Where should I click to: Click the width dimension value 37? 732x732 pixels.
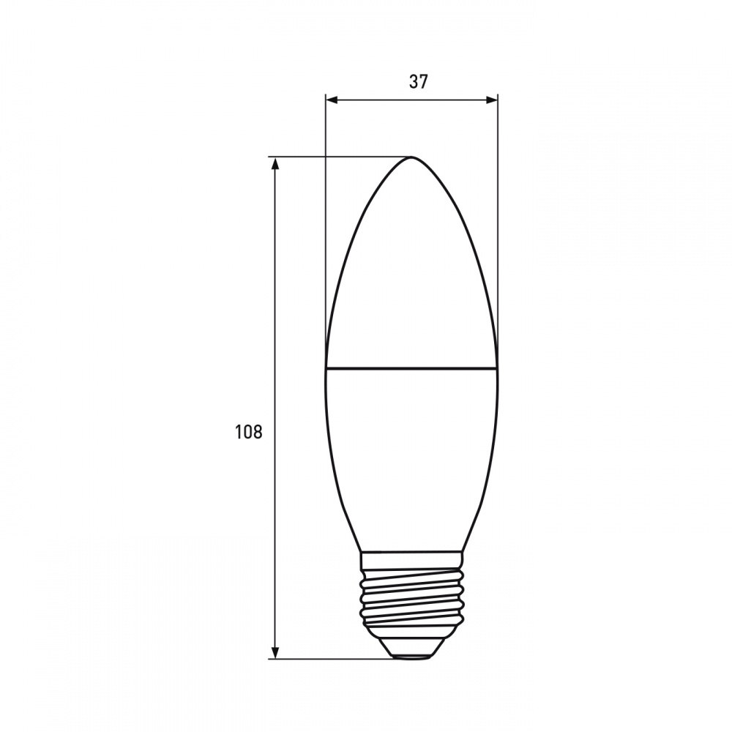coord(418,82)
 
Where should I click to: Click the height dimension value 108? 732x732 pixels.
coord(248,432)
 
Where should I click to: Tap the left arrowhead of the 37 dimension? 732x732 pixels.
coord(330,100)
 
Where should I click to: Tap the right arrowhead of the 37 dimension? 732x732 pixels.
coord(493,100)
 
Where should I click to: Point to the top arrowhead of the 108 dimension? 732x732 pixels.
coord(275,163)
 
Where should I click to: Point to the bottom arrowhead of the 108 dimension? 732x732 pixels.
coord(275,652)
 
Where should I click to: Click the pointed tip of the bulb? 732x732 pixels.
coord(412,158)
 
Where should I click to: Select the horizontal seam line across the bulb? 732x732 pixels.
coord(411,367)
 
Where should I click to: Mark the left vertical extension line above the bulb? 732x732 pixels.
coord(325,220)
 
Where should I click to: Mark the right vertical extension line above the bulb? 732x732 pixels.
coord(498,220)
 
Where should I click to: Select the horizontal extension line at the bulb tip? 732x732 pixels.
coord(337,157)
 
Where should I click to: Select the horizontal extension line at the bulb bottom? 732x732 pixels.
coord(329,659)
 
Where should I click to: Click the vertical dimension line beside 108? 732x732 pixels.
coord(275,329)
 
